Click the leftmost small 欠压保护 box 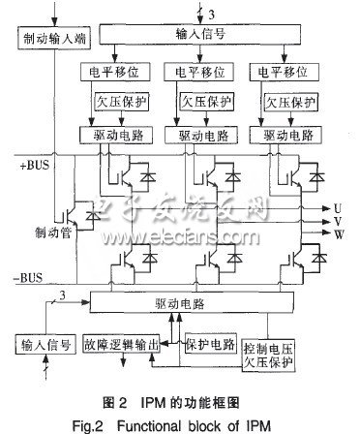click(x=118, y=101)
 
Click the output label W click(x=337, y=233)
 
